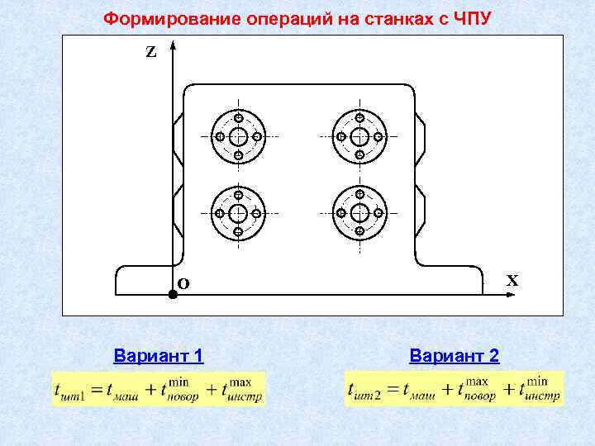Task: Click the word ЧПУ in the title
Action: click(473, 18)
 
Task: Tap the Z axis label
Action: click(150, 52)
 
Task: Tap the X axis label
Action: click(512, 281)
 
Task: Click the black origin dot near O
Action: click(173, 293)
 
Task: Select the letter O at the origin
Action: click(183, 283)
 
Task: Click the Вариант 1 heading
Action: click(159, 356)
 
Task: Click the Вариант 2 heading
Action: click(454, 356)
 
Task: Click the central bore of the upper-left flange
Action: click(238, 136)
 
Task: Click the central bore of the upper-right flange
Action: click(359, 136)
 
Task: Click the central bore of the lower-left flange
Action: click(238, 213)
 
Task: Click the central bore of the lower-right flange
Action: click(359, 213)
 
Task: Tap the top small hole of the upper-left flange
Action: click(238, 117)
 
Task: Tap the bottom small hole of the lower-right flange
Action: click(359, 232)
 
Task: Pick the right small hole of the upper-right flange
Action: click(378, 136)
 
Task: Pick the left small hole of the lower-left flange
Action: click(219, 213)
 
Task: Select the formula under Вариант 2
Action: click(454, 388)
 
